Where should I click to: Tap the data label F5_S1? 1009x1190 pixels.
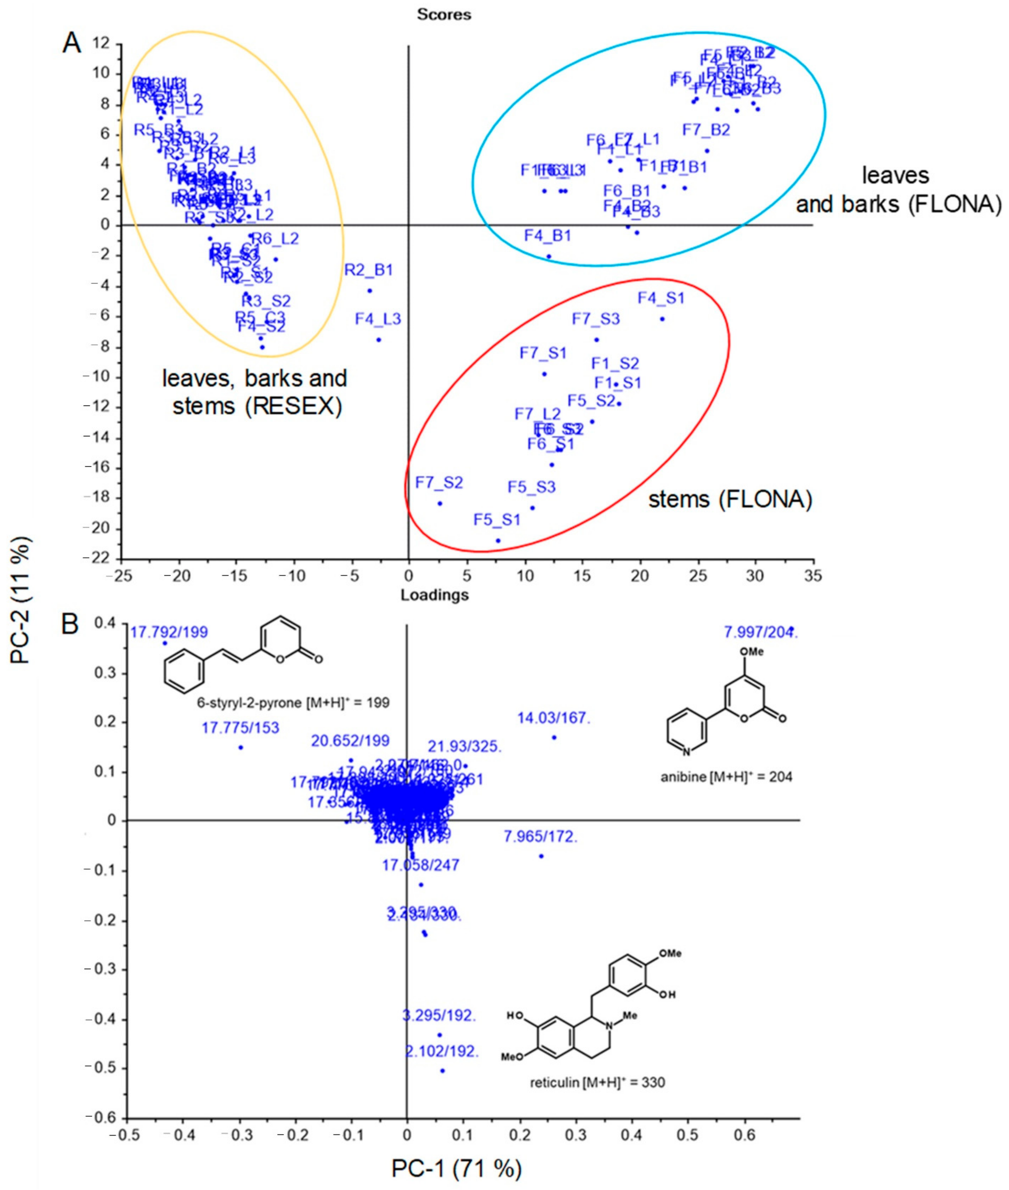pos(496,520)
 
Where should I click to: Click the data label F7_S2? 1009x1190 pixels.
pos(439,482)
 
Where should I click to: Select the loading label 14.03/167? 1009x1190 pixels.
pos(553,718)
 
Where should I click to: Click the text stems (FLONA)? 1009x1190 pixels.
pos(730,500)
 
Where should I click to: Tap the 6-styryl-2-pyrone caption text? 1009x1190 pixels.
pos(293,702)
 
